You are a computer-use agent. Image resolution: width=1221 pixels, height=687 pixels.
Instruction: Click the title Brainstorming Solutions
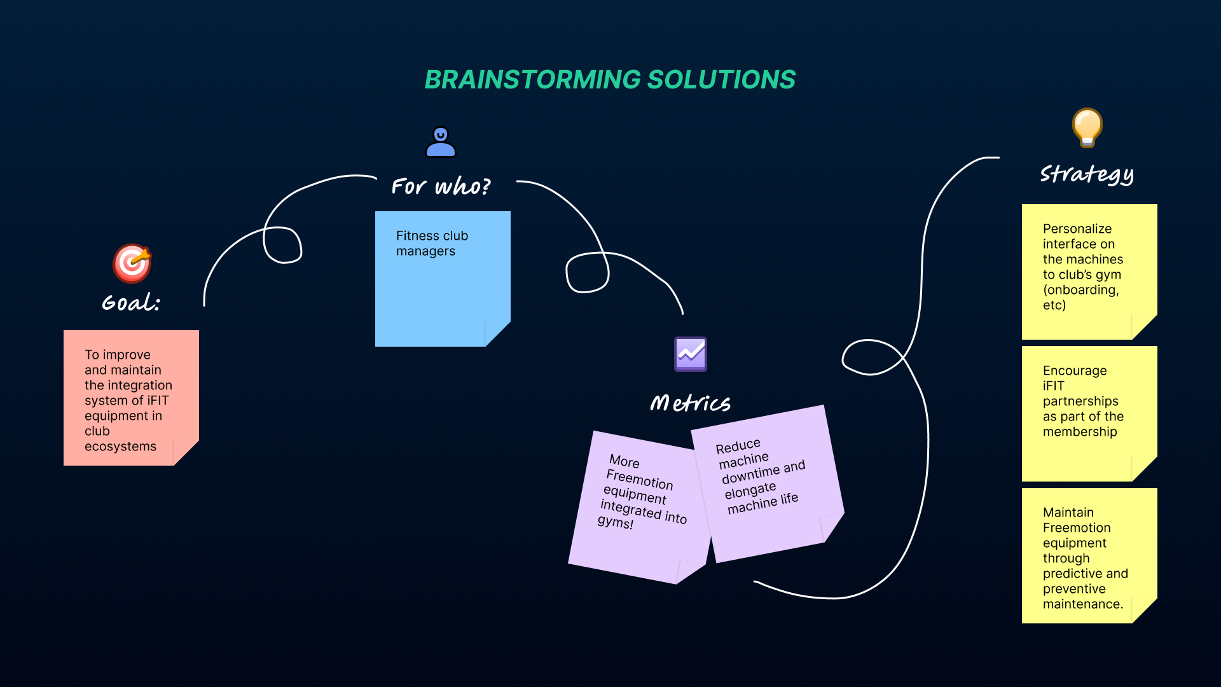pos(610,80)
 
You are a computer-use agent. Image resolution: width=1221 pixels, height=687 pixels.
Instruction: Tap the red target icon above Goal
pos(132,263)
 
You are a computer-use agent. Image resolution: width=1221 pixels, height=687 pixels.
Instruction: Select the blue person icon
pos(441,142)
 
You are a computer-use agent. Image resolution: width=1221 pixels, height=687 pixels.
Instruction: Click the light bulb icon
pos(1087,127)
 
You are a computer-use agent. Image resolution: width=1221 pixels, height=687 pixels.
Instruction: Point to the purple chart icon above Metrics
pos(691,354)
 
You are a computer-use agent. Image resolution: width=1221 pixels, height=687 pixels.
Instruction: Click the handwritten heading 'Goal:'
pos(131,302)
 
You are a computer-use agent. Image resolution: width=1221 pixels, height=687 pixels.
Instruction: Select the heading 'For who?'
pos(441,186)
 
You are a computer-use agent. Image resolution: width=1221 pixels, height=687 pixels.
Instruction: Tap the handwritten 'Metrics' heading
pos(690,403)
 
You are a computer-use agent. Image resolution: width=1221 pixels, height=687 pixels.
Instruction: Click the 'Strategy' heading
pos(1087,174)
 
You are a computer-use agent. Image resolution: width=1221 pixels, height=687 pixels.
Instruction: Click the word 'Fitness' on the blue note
pos(418,235)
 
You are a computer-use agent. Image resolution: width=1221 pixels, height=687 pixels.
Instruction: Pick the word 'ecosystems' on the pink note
pos(120,446)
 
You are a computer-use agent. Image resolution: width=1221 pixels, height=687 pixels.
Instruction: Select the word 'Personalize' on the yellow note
pos(1077,228)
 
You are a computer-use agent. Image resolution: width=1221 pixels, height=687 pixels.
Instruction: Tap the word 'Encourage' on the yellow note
pos(1075,370)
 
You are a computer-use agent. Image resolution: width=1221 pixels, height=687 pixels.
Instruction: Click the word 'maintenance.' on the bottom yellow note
pos(1083,604)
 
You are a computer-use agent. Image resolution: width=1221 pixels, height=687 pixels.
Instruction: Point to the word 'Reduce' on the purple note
pos(738,446)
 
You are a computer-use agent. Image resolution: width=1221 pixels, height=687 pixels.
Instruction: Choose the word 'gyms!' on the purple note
pos(616,522)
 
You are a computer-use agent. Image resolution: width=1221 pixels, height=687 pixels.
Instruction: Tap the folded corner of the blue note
pos(498,334)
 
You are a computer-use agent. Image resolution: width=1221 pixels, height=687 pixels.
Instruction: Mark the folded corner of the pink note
pos(186,453)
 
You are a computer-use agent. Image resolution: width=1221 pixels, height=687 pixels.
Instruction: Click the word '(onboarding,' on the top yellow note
pos(1081,289)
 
